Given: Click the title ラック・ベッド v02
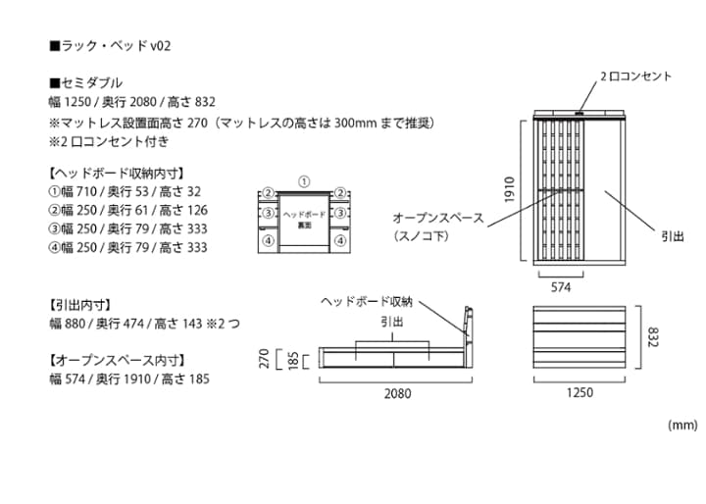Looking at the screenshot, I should click(x=109, y=46).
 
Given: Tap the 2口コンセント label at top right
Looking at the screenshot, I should click(x=635, y=76).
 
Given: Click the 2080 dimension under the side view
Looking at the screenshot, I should click(x=397, y=394).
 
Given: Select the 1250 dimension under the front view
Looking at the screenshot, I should click(x=580, y=394).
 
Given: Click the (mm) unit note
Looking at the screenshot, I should click(x=681, y=426).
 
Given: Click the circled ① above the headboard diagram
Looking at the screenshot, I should click(x=304, y=181).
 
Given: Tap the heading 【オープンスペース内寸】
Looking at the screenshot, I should click(x=117, y=360).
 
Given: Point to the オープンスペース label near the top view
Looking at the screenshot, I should click(x=438, y=218).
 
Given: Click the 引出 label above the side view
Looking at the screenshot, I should click(x=391, y=322).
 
